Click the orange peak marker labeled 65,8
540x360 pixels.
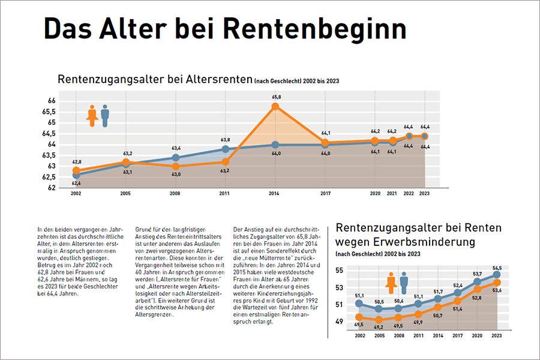275,106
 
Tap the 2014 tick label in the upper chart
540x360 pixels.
275,194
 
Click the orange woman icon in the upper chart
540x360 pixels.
92,116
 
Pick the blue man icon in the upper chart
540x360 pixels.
105,116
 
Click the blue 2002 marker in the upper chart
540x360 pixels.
76,175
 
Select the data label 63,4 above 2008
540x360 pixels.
176,148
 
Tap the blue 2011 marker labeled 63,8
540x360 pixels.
225,149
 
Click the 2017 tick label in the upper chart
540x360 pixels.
326,194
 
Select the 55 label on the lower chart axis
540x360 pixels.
340,271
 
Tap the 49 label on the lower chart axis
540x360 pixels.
340,322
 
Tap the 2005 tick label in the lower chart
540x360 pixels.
378,337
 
